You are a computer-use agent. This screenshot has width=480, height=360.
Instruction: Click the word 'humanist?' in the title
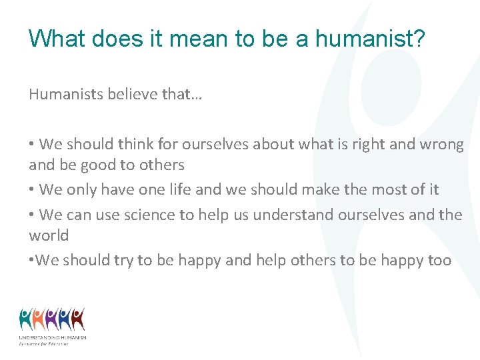point(370,39)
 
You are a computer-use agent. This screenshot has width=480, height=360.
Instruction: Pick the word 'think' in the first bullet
point(135,144)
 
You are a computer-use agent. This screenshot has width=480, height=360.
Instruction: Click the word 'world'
point(49,235)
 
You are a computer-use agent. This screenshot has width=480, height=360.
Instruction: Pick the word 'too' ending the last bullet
point(439,260)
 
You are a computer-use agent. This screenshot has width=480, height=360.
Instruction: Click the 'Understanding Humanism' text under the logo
point(52,338)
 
